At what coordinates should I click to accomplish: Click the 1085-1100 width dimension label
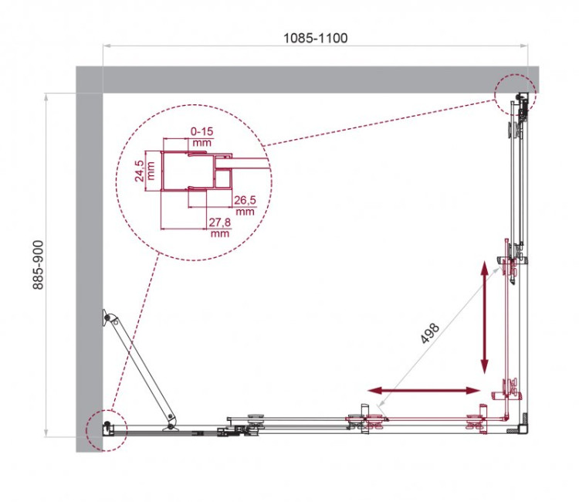tap(315, 37)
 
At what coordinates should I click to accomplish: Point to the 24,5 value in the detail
tap(139, 169)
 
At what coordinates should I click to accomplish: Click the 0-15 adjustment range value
tap(201, 132)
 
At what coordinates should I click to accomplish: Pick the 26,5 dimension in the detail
tap(245, 200)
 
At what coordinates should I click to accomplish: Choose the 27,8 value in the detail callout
tap(220, 222)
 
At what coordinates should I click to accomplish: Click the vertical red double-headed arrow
tap(485, 317)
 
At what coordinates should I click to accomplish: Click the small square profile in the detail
tap(224, 181)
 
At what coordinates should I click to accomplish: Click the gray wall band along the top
tap(309, 80)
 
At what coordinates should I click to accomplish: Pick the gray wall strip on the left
tap(90, 270)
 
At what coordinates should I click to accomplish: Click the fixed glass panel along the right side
tap(516, 185)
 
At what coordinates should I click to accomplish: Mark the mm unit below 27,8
tap(220, 232)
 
